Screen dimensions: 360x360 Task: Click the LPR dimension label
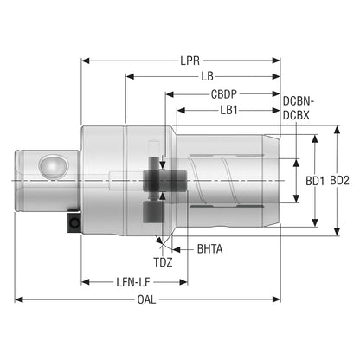pyautogui.click(x=190, y=61)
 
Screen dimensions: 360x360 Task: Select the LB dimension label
pyautogui.click(x=208, y=76)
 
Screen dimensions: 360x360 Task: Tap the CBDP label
pyautogui.click(x=224, y=94)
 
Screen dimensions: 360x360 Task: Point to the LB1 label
pyautogui.click(x=228, y=110)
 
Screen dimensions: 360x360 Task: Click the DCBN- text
pyautogui.click(x=299, y=101)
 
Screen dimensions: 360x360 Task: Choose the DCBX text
pyautogui.click(x=296, y=115)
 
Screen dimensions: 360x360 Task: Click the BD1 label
pyautogui.click(x=315, y=181)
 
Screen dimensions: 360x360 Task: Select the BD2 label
pyautogui.click(x=339, y=181)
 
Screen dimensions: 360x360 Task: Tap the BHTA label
pyautogui.click(x=209, y=249)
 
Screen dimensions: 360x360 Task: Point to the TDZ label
pyautogui.click(x=163, y=262)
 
